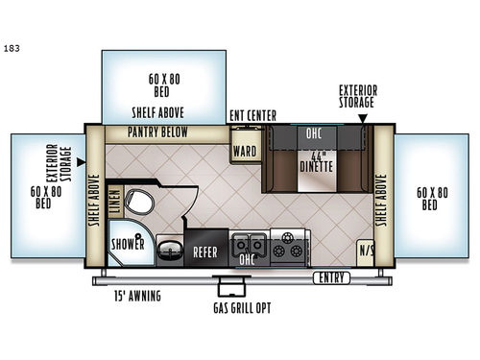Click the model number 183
click(12, 45)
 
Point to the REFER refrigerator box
click(204, 252)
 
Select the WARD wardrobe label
click(243, 150)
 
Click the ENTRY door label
click(331, 277)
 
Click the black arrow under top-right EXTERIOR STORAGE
click(363, 119)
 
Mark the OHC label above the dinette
click(313, 134)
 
